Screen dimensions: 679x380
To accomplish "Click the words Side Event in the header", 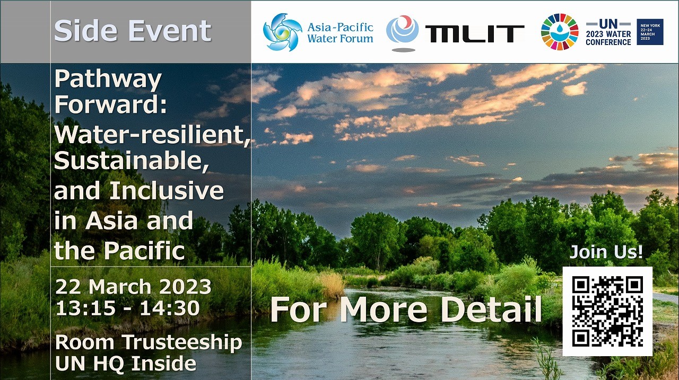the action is coord(133,31).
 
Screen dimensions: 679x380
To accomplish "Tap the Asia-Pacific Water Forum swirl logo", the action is coord(283,32).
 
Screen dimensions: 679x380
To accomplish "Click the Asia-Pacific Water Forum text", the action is coord(340,33).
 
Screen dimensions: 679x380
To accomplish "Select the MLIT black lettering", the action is coord(475,33).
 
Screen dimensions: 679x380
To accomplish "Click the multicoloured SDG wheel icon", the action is coord(560,32).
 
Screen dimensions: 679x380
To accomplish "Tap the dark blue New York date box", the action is coord(650,32).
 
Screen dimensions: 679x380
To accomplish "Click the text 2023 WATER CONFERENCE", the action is coord(608,38).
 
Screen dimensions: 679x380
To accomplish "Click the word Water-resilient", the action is coord(152,135).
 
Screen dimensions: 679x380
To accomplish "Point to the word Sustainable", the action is coord(132,162).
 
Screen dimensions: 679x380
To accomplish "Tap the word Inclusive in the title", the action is coord(167,190).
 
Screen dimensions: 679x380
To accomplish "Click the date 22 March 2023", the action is coord(133,286).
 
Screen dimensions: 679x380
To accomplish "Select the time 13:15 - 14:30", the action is coord(128,308).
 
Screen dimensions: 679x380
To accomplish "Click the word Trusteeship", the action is coord(182,342).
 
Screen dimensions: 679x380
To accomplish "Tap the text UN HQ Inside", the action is coord(126,363).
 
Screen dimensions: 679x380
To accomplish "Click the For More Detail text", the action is coord(406,310).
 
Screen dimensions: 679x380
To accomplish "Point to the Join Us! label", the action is coord(606,252).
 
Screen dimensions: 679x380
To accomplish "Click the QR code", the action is coord(607,311).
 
